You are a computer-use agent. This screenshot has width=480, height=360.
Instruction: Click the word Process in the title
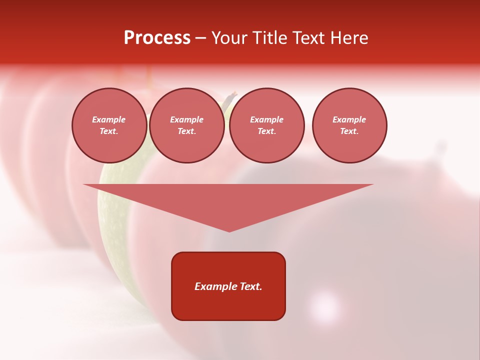(x=157, y=38)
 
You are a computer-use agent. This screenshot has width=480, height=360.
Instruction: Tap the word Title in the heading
(x=268, y=38)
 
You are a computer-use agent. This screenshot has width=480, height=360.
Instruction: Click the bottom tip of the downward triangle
(x=229, y=230)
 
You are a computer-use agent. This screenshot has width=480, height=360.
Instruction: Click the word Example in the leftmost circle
(x=109, y=119)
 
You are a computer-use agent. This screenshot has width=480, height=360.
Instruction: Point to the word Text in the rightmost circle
(x=349, y=131)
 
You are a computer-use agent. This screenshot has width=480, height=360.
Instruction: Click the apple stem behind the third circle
(x=231, y=98)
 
